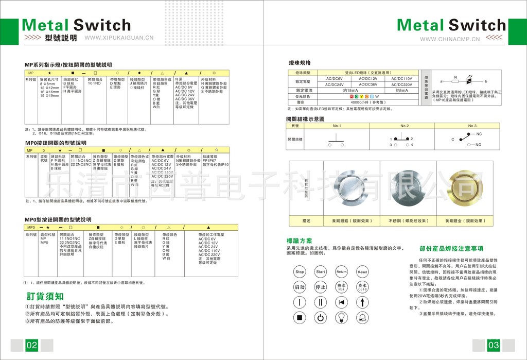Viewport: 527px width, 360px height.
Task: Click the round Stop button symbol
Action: point(300,271)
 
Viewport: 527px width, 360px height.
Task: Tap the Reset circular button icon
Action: point(362,271)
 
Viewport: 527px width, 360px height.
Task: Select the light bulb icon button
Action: point(341,317)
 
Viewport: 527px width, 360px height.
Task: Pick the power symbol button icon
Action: point(321,317)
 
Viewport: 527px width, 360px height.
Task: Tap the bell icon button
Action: point(362,317)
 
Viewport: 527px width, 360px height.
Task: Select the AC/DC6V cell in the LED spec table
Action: point(335,78)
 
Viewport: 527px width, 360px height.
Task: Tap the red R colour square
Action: point(352,96)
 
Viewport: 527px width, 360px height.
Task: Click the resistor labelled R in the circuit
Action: point(455,81)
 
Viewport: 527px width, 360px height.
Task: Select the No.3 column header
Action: point(472,126)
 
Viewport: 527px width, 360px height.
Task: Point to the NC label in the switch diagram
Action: point(479,134)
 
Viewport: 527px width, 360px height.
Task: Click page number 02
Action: point(32,345)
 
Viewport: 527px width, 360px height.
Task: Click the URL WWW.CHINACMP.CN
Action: point(450,39)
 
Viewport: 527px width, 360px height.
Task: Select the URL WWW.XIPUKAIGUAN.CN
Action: point(119,38)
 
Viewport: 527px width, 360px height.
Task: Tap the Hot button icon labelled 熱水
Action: point(341,287)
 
